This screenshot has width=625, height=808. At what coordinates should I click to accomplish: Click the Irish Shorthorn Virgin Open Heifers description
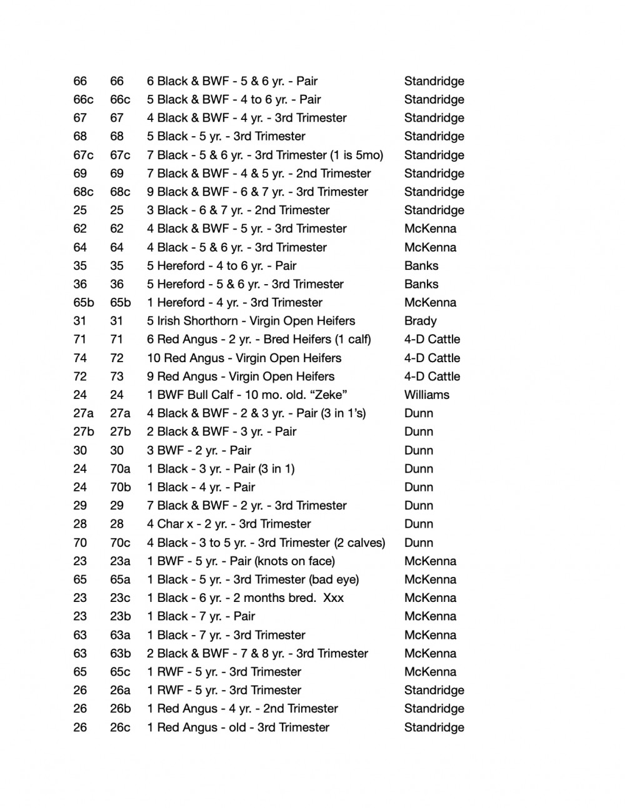point(251,321)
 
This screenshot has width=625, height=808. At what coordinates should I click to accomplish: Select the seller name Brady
point(420,321)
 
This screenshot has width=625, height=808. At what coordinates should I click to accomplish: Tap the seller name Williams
point(426,395)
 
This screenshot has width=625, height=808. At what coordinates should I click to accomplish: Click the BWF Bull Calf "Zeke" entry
point(247,395)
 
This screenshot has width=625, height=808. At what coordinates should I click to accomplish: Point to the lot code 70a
point(120,468)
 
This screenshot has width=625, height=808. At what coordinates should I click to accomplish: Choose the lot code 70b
point(120,487)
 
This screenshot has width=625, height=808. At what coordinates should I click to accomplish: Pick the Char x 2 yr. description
point(229,524)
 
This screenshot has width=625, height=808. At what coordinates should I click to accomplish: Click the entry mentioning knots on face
point(241,561)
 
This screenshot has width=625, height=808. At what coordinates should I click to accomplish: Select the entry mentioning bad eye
point(252,579)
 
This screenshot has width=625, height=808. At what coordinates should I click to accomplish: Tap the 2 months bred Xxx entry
point(245,598)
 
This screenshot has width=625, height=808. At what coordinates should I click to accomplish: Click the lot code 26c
point(120,727)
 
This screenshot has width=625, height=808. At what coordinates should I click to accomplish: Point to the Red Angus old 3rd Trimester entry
point(237,727)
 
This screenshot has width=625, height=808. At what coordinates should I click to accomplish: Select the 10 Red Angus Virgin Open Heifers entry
point(244,358)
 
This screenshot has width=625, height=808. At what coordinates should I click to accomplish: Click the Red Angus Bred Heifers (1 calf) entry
point(259,339)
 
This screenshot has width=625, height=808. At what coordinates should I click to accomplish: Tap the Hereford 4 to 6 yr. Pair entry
point(221,265)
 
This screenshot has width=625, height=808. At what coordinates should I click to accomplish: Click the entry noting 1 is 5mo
point(265,155)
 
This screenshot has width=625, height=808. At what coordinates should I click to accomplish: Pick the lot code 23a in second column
point(120,561)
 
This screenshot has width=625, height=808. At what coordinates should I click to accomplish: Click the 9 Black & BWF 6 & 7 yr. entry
point(257,192)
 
